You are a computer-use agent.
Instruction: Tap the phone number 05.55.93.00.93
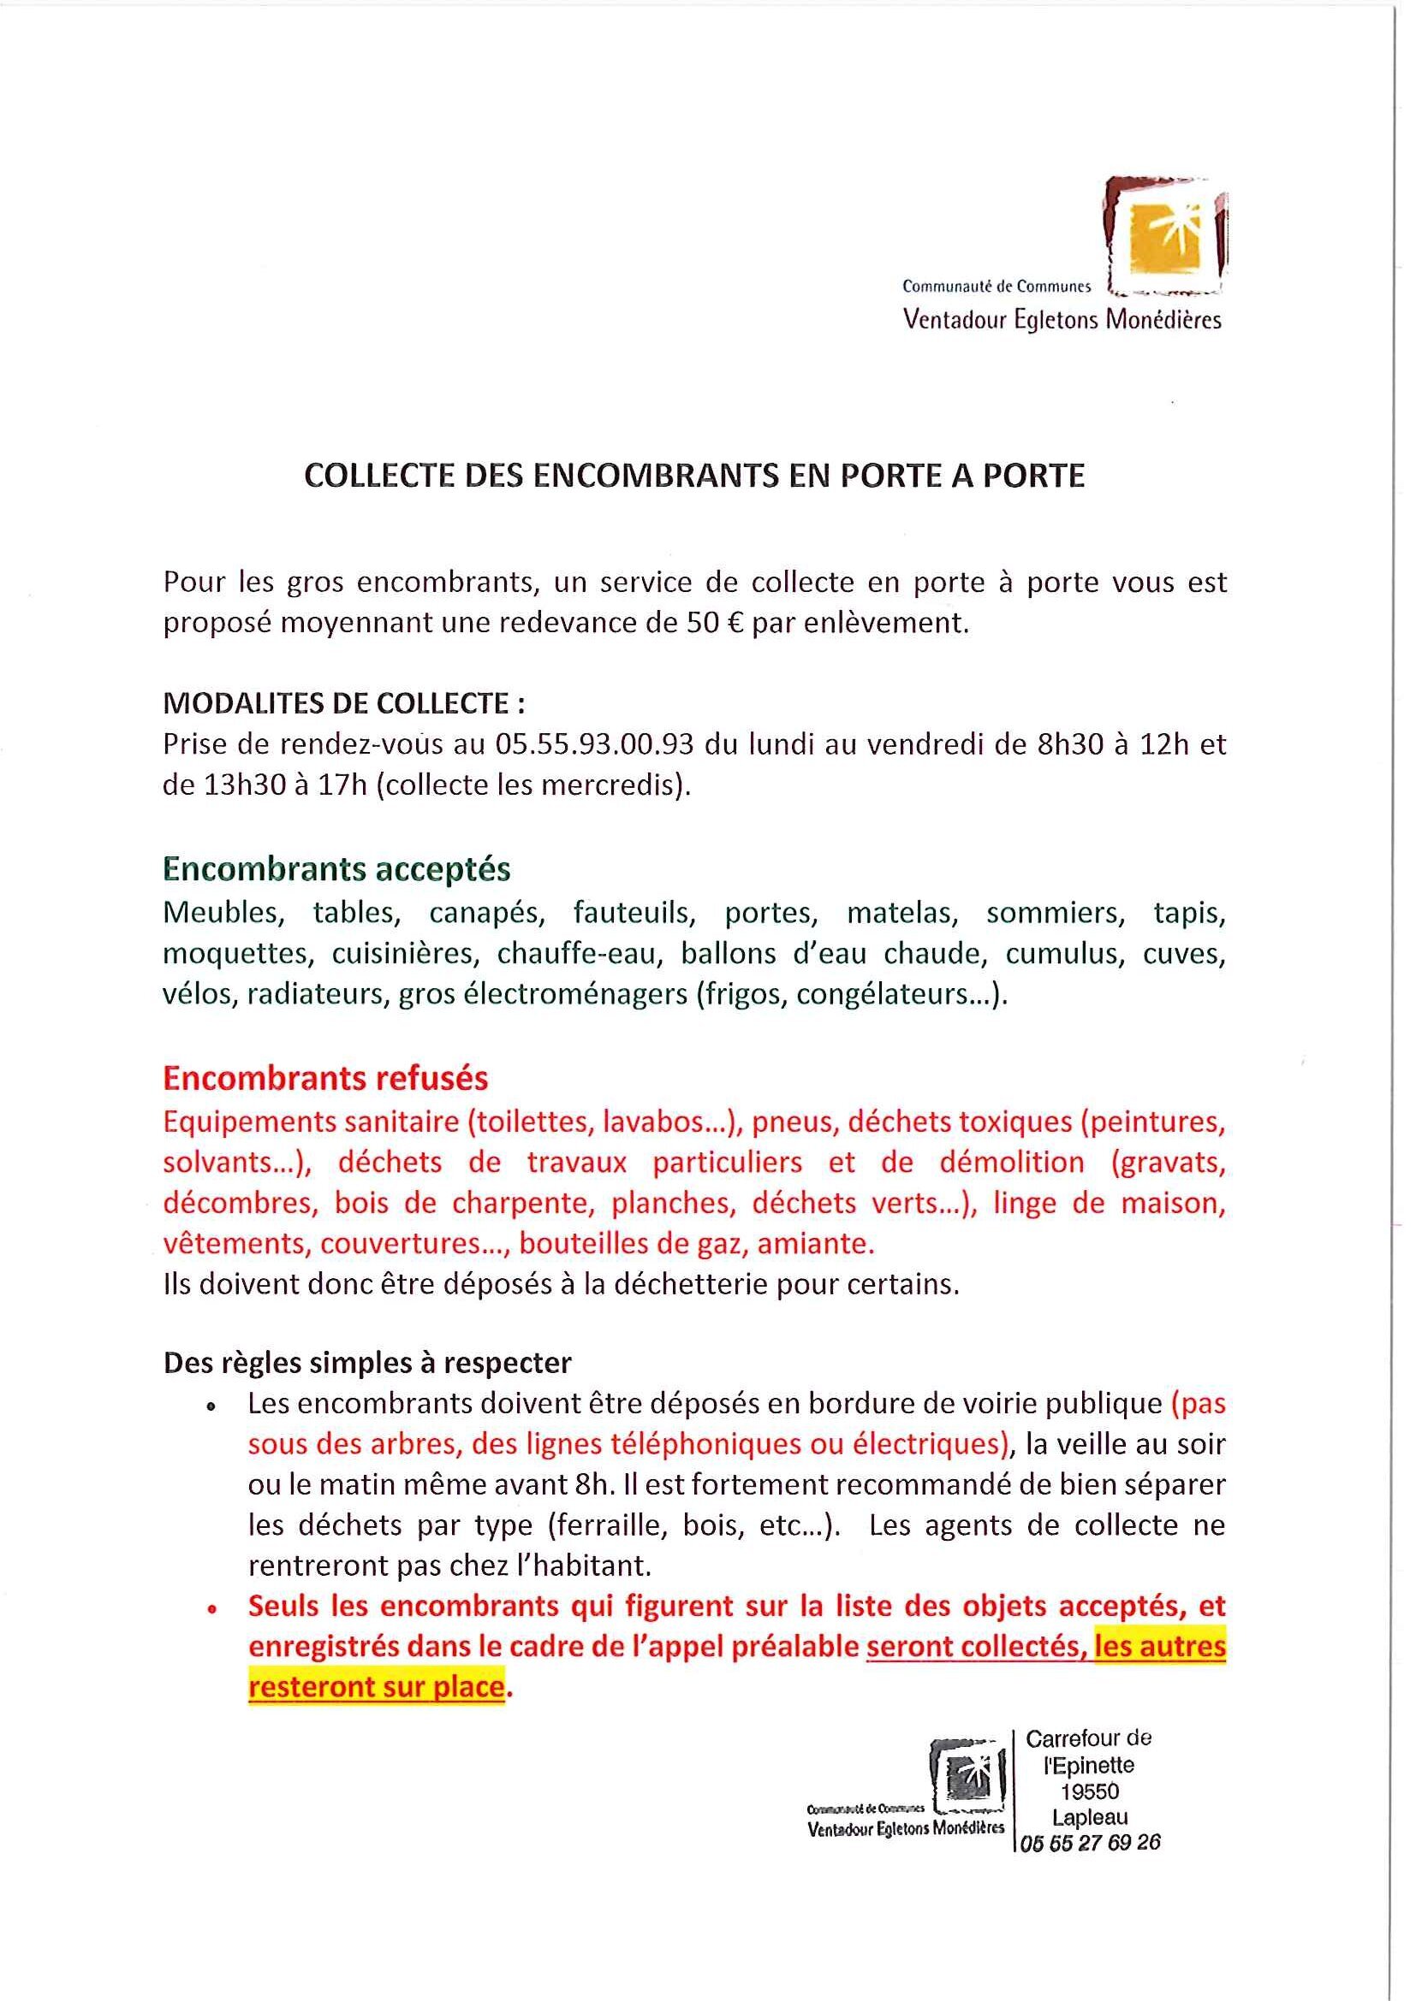pos(594,745)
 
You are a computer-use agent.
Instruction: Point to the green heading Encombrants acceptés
pos(336,869)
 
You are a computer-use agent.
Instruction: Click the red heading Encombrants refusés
pos(325,1079)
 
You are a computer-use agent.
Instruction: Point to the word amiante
pos(815,1245)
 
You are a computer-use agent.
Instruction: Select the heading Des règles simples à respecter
pos(367,1363)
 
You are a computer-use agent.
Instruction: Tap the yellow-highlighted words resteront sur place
pos(377,1688)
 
